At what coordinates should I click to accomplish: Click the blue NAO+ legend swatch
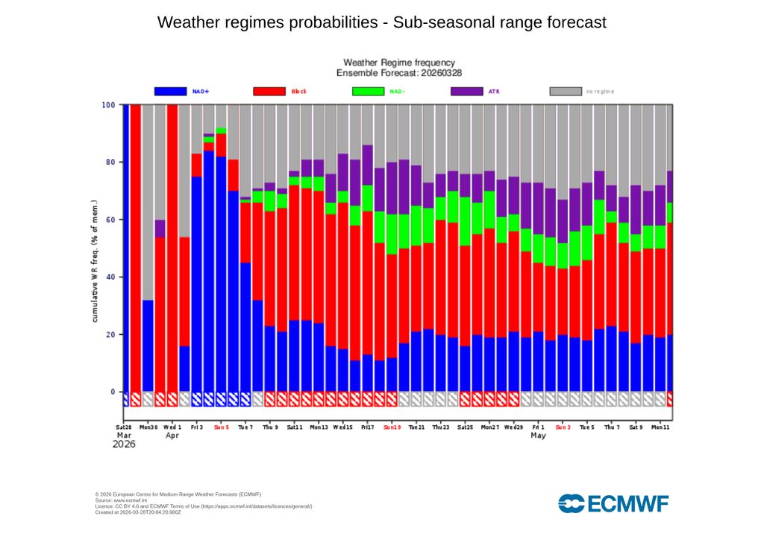tap(170, 91)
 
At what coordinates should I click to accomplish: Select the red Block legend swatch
tap(269, 91)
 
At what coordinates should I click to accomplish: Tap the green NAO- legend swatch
tap(367, 91)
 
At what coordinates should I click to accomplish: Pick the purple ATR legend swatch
tap(467, 91)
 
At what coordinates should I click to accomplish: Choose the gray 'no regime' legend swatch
tap(566, 91)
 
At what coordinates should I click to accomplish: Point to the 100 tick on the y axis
tap(109, 105)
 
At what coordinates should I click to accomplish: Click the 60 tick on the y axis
tap(110, 220)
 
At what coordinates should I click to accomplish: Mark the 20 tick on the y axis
tap(110, 335)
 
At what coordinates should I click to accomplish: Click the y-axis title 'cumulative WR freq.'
tap(95, 261)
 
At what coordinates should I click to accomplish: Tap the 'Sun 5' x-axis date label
tap(221, 427)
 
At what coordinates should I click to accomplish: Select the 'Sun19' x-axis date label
tap(392, 427)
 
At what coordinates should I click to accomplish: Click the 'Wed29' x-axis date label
tap(513, 427)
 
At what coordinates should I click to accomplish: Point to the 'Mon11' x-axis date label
tap(660, 427)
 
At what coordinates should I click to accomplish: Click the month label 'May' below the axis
tap(538, 436)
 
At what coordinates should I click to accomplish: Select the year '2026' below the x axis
tap(127, 445)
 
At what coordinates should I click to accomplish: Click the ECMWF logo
tap(613, 504)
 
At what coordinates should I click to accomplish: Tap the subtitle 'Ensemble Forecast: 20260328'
tap(398, 73)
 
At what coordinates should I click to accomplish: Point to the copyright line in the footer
tap(178, 494)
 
